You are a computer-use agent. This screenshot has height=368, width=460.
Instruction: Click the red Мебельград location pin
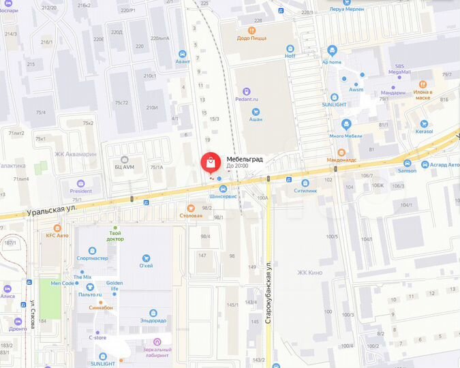pyautogui.click(x=211, y=163)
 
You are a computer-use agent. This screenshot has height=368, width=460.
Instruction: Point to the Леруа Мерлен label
pyautogui.click(x=346, y=9)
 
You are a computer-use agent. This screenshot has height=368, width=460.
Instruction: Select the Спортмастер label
pyautogui.click(x=93, y=259)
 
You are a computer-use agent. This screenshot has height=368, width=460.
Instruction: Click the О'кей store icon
pyautogui.click(x=145, y=258)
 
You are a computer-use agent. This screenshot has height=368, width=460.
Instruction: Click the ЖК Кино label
pyautogui.click(x=309, y=273)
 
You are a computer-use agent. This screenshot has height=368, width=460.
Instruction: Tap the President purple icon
pyautogui.click(x=80, y=182)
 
